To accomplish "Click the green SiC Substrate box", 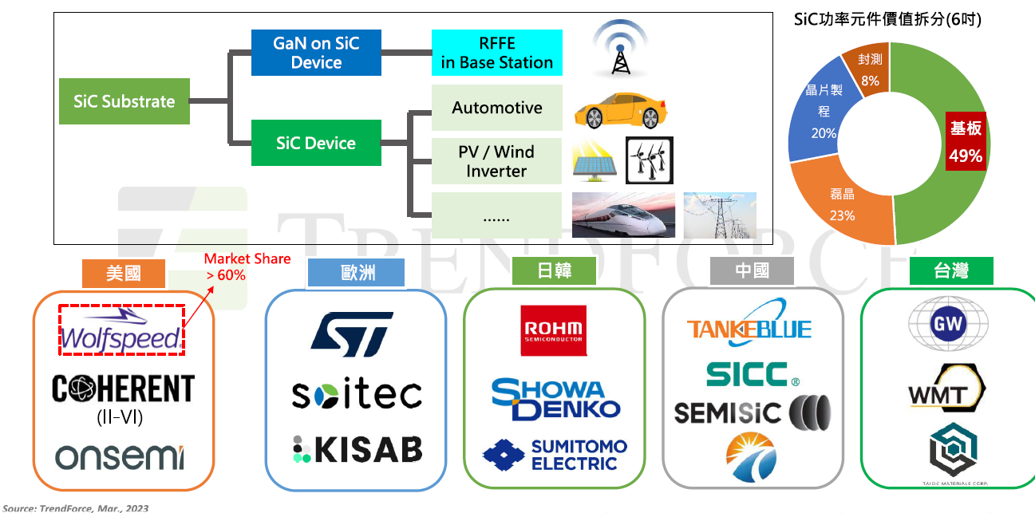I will tap(124, 101).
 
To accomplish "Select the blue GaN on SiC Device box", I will tap(316, 53).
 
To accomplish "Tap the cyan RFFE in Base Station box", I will tap(496, 53).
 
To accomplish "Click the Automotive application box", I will tap(496, 108).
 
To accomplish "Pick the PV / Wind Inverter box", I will tap(496, 161).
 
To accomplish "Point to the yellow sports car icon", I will tap(620, 110).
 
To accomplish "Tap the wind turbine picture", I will tap(649, 160).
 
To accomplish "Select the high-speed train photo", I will tap(623, 215).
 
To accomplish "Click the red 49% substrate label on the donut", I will tap(965, 143).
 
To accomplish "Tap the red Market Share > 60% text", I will tap(247, 267).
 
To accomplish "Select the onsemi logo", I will tap(120, 456).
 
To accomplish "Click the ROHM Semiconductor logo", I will tap(552, 330).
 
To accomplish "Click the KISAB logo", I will tap(356, 450).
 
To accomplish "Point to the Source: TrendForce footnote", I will tap(76, 507).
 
